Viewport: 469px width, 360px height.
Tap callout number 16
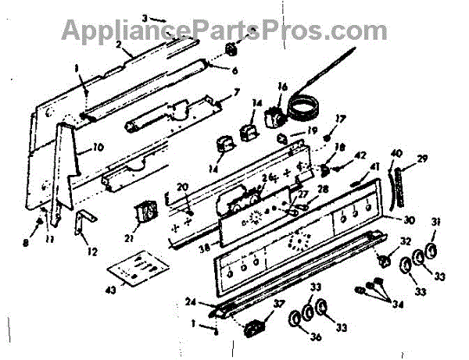point(282,87)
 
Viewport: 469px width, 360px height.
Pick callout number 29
point(421,159)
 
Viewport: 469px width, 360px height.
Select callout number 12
point(95,251)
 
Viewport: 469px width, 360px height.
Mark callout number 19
point(311,130)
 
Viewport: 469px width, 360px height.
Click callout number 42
point(359,155)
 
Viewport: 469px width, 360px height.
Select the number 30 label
point(408,220)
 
